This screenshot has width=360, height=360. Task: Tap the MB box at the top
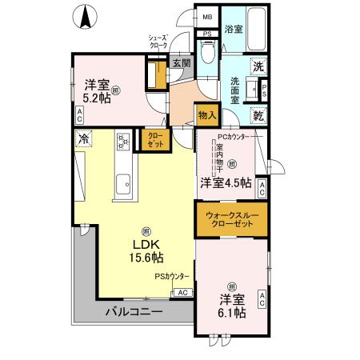point(207,17)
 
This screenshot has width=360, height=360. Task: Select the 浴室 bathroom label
point(233,30)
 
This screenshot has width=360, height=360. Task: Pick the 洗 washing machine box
point(258,67)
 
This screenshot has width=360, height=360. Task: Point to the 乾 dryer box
point(258,116)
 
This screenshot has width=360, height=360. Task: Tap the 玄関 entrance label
point(180,63)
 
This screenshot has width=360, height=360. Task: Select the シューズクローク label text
point(158,42)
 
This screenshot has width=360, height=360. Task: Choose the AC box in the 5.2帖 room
point(79,115)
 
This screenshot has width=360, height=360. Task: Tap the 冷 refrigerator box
point(83,139)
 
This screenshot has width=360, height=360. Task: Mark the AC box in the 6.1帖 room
point(262,300)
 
